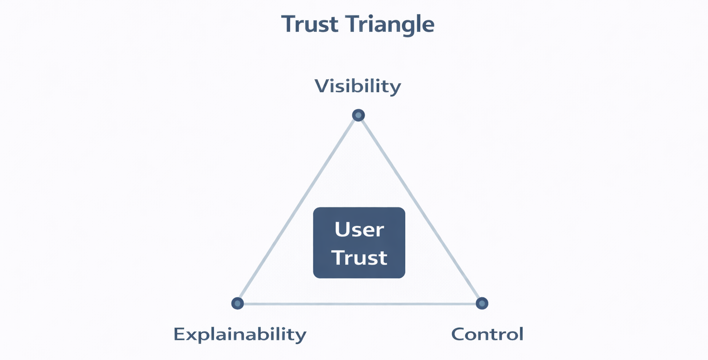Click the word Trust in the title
[307, 24]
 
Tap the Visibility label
[358, 86]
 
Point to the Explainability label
[240, 334]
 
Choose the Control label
[487, 334]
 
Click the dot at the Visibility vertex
[358, 115]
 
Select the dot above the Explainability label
[237, 303]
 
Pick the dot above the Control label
[482, 303]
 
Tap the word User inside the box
[359, 230]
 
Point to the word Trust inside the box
[359, 258]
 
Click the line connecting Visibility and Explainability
[297, 210]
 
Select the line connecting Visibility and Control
[420, 210]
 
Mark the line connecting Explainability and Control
[360, 304]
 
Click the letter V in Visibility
[321, 86]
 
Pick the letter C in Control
[457, 334]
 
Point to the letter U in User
[342, 230]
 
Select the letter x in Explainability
[190, 335]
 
